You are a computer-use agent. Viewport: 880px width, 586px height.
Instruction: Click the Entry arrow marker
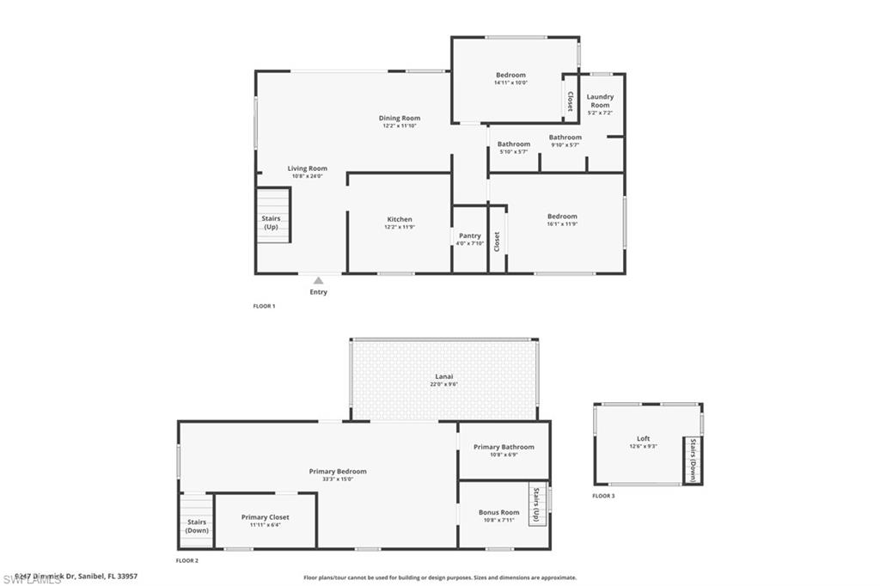coord(318,280)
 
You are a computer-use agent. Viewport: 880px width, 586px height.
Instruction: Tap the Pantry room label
coord(469,235)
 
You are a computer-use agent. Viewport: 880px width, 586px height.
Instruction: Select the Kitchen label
coord(399,219)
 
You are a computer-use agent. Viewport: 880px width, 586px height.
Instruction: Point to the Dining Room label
coord(400,118)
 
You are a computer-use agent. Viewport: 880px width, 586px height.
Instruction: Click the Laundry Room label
coord(600,101)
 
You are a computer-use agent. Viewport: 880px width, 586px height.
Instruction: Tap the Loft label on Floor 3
coord(643,438)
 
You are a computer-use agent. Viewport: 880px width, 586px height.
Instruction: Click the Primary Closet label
coord(265,517)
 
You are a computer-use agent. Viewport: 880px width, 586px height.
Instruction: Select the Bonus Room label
coord(499,512)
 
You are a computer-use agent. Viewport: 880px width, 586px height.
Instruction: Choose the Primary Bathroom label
coord(504,447)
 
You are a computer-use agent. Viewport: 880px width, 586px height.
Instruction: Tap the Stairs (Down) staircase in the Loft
coord(693,461)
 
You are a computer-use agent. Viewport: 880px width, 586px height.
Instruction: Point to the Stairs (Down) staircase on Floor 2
coord(197,525)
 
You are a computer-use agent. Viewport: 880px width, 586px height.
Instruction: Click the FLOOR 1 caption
coord(264,306)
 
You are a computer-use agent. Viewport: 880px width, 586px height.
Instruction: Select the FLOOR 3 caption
coord(603,496)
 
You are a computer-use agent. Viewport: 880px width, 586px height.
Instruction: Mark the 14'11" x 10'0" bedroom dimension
coord(510,83)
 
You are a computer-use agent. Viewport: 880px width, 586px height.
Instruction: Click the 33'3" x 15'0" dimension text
coord(338,479)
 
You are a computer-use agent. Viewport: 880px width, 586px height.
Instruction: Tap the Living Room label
coord(307,168)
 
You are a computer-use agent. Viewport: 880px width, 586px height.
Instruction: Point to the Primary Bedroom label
coord(338,471)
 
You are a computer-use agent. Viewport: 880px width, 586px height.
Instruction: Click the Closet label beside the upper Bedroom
coord(569,101)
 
